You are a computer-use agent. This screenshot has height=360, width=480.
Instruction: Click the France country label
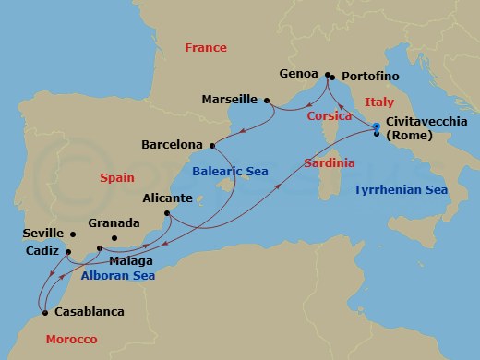(206, 47)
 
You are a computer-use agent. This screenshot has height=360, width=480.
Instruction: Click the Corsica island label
(329, 116)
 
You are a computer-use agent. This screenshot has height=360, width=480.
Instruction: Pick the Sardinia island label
(329, 163)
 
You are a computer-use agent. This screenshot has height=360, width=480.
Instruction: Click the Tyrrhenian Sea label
(401, 189)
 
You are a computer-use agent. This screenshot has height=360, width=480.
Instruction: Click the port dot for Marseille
(266, 100)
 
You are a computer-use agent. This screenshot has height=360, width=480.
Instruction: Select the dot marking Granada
(114, 239)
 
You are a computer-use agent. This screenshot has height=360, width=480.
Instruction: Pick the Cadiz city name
(43, 250)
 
